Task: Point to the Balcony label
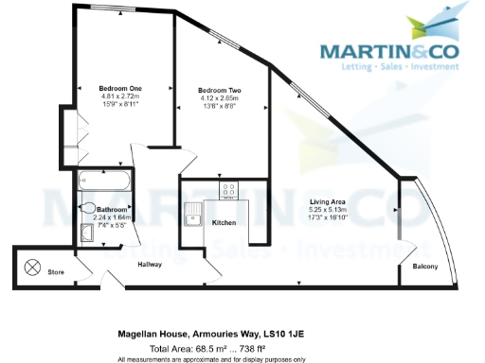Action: coord(424,267)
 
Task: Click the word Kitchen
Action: coord(224,222)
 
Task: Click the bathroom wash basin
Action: coord(87,233)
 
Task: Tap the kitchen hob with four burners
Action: coord(228,191)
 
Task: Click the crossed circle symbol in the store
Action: coord(31,268)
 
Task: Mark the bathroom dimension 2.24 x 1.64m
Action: coord(112,216)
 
